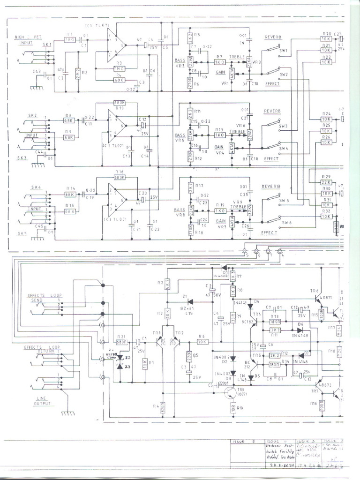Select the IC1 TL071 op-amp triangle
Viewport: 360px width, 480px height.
tap(115, 45)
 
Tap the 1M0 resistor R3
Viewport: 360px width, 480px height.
tap(119, 68)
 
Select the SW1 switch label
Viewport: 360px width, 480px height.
tap(283, 50)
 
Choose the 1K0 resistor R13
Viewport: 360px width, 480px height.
tap(219, 135)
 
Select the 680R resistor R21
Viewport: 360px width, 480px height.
tap(122, 342)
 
